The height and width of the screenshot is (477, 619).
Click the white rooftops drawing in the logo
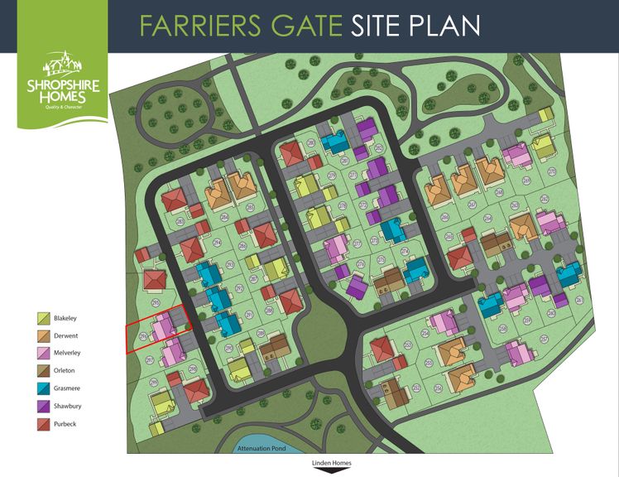pos(62,65)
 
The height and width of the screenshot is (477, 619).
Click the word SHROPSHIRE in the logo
pos(62,85)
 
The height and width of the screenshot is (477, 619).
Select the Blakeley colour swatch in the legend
pos(44,318)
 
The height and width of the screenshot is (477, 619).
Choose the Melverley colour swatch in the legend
pos(44,354)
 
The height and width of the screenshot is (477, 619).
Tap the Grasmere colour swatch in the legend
pos(44,388)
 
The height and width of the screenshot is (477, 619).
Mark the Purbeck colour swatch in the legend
pos(44,423)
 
